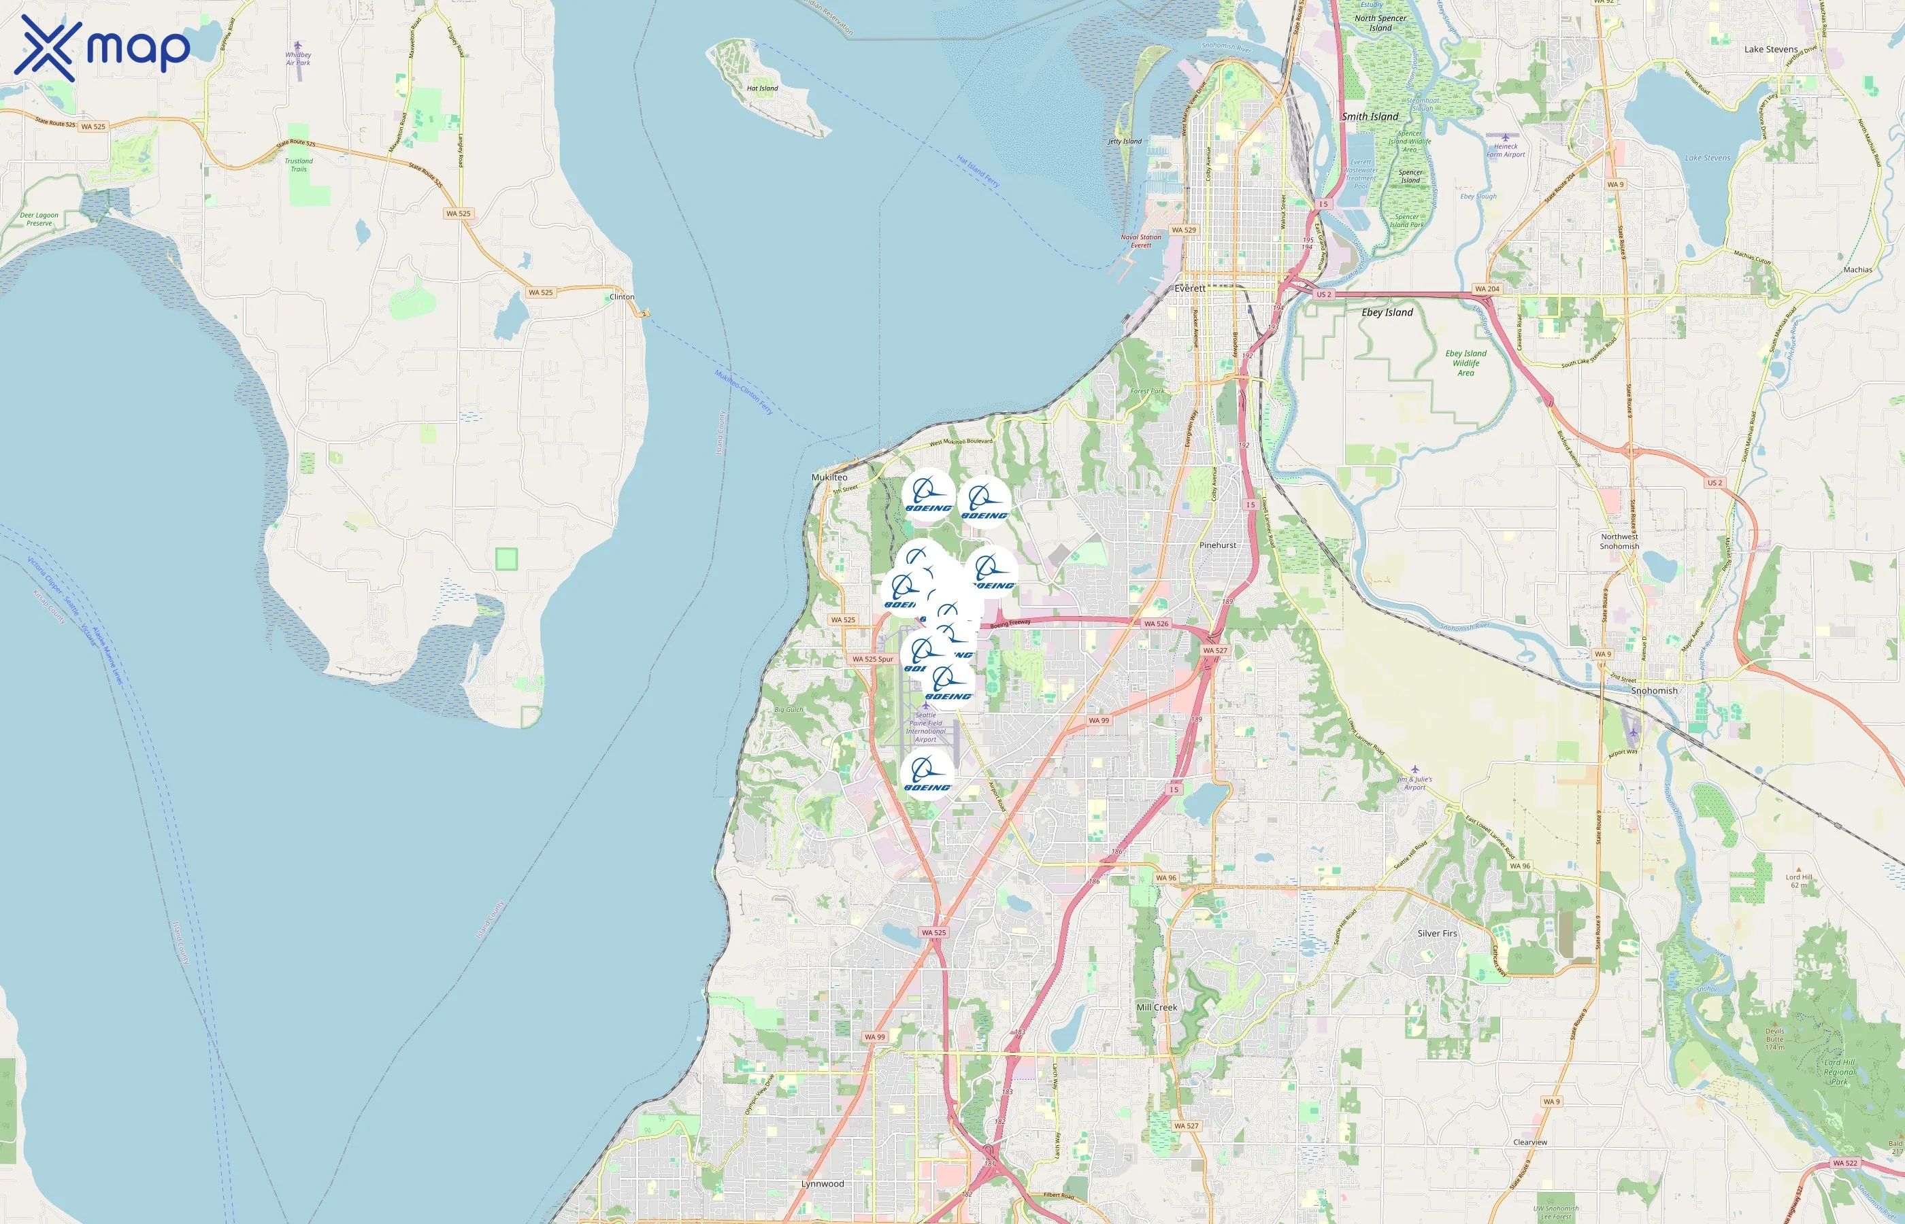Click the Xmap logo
point(102,48)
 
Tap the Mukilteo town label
point(829,477)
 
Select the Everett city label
point(1189,288)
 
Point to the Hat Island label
point(762,88)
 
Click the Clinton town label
point(622,296)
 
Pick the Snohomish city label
point(1654,691)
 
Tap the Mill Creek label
point(1156,1007)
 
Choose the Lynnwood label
point(822,1183)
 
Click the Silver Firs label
point(1437,933)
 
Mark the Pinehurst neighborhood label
point(1217,545)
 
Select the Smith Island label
point(1369,116)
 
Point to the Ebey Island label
point(1387,312)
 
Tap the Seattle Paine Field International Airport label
point(925,726)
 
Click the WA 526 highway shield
point(1156,624)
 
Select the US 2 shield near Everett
point(1323,294)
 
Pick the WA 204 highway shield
point(1486,288)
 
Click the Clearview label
point(1529,1142)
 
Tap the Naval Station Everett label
point(1140,241)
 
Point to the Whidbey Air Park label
point(298,58)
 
